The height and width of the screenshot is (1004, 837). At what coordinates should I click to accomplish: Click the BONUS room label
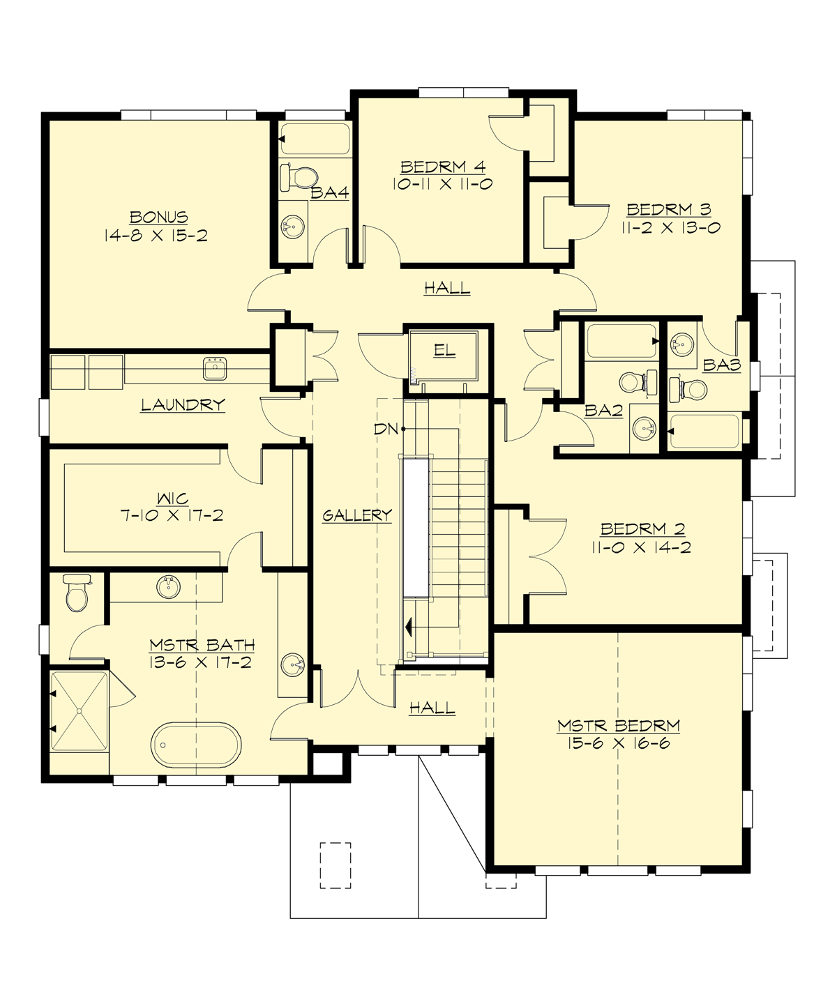[x=159, y=217]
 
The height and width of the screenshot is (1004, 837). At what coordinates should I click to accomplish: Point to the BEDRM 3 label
[x=668, y=209]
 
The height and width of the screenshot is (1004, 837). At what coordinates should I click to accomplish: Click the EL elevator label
[x=444, y=351]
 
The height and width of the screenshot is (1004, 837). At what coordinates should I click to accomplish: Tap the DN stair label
[x=386, y=429]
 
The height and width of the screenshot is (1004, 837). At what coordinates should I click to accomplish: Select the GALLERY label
[x=357, y=515]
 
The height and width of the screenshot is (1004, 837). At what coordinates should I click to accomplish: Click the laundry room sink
[x=216, y=367]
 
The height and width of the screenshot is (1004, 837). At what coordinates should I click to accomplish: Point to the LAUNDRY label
[x=183, y=404]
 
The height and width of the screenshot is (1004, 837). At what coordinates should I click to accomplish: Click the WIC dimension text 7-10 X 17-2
[x=173, y=516]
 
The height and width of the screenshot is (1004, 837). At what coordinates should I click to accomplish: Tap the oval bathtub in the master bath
[x=196, y=746]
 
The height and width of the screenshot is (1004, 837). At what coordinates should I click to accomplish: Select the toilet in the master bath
[x=75, y=593]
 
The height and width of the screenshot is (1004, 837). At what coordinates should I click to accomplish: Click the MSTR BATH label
[x=202, y=645]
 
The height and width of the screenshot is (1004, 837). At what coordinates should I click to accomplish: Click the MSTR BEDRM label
[x=619, y=726]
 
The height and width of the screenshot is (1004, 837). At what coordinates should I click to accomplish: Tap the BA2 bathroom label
[x=603, y=411]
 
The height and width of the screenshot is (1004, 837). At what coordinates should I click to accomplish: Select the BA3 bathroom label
[x=721, y=364]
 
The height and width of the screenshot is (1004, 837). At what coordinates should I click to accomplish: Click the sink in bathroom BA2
[x=644, y=428]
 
